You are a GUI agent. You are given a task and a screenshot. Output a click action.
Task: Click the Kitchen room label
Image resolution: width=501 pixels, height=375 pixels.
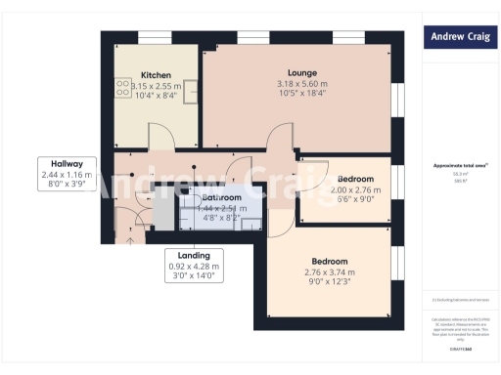coord(157,75)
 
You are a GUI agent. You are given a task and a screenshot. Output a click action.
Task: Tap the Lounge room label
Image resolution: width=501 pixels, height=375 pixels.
coord(301,72)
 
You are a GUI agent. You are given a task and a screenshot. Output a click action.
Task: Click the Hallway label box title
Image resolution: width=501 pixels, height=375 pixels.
coord(68,163)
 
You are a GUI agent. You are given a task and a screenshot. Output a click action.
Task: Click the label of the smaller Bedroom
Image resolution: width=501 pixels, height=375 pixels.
coord(355,179)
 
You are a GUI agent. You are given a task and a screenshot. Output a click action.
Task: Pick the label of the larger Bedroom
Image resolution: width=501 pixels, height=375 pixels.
coord(329,261)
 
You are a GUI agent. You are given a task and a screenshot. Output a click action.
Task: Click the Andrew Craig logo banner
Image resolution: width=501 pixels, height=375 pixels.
coord(458,38)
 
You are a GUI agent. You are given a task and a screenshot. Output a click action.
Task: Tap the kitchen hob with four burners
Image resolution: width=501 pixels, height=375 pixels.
coord(123,89)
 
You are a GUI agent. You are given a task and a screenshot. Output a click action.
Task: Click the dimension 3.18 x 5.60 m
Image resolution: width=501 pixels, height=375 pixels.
coord(301,84)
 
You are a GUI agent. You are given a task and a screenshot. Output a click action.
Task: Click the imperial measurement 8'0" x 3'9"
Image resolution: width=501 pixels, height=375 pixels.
coord(68,185)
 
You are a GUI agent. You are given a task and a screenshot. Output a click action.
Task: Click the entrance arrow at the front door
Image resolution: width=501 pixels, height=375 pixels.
coord(131,237)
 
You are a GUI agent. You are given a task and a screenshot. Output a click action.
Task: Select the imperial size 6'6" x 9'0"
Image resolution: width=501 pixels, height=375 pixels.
coord(355,200)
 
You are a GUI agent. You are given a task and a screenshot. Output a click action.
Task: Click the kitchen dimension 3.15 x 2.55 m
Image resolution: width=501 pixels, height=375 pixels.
coord(157,86)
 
